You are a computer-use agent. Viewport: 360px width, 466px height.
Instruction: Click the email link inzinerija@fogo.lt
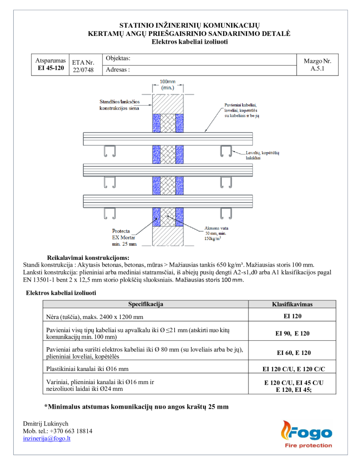[46, 438]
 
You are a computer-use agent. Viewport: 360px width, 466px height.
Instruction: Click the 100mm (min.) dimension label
[167, 84]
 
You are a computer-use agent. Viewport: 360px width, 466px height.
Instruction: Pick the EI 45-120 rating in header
[51, 68]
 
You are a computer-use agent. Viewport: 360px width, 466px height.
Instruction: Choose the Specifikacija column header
[146, 304]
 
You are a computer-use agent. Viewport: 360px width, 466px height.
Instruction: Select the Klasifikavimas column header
[292, 304]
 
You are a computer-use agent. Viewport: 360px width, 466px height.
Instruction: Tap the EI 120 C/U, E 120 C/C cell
[292, 368]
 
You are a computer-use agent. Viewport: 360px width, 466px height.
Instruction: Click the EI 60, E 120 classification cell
[292, 353]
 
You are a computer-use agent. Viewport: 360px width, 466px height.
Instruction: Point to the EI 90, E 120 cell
[292, 333]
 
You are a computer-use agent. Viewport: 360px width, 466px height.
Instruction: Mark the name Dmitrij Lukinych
[46, 423]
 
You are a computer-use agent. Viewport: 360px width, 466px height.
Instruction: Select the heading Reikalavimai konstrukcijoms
[88, 258]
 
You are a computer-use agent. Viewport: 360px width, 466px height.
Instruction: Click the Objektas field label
[118, 59]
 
